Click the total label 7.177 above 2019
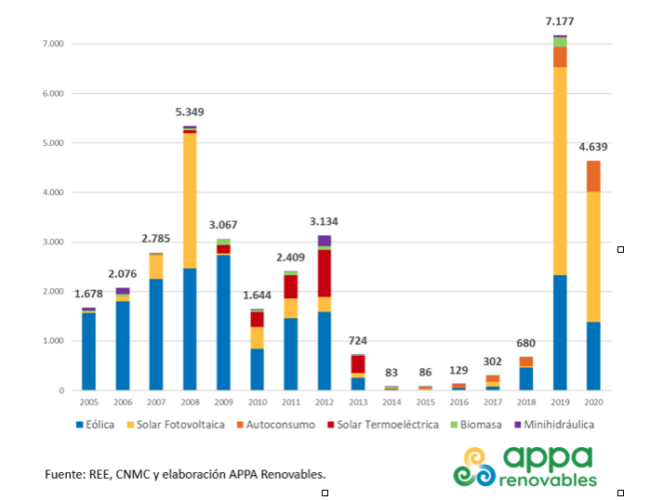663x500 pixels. pos(560,21)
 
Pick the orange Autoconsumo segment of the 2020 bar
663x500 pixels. pos(593,177)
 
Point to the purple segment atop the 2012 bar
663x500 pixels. pos(324,241)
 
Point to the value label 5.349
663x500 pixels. pos(190,112)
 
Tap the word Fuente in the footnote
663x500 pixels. pos(64,474)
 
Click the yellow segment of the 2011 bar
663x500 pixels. pos(290,309)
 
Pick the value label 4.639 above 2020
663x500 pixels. pos(593,147)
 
